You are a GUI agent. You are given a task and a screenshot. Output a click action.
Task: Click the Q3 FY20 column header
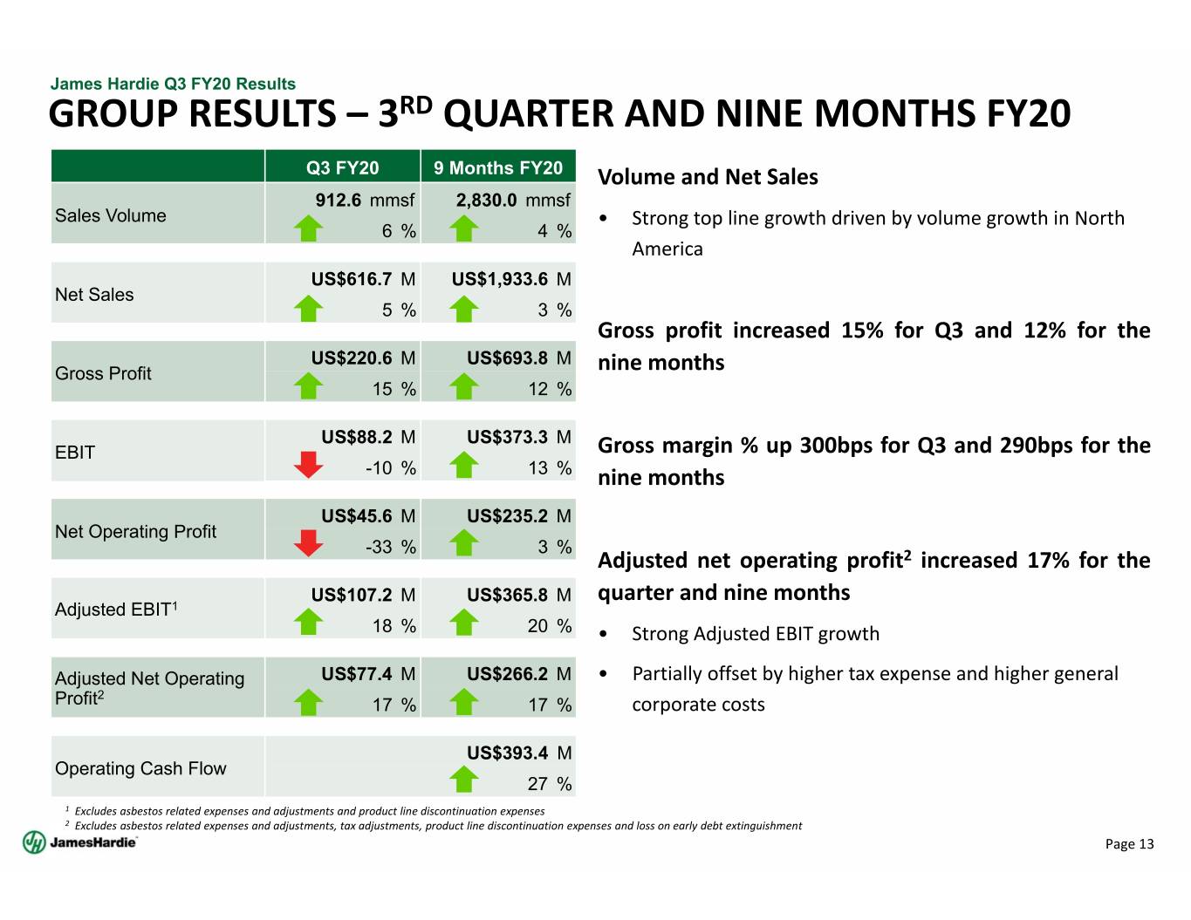tap(342, 167)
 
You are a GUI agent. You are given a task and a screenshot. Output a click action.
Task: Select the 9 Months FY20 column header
tap(497, 167)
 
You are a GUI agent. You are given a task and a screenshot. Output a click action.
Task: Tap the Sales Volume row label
tap(110, 215)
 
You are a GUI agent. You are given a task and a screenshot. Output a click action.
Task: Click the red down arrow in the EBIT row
tap(308, 465)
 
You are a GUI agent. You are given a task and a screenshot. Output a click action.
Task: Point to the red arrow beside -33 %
tap(308, 543)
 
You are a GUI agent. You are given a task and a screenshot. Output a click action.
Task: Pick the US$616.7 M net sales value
tap(363, 279)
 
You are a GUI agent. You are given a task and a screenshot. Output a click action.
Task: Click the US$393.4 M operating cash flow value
tap(519, 753)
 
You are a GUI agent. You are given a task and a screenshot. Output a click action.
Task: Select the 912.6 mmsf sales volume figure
tap(365, 201)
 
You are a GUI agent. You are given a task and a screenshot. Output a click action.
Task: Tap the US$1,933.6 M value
tap(511, 279)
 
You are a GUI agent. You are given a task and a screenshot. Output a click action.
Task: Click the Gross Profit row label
tap(103, 373)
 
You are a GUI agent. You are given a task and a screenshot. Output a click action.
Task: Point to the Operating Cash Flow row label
tap(140, 768)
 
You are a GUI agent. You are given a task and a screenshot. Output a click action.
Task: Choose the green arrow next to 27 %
tap(463, 779)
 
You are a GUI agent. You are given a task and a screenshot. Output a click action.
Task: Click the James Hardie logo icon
tap(34, 842)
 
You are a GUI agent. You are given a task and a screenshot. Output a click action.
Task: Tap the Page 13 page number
tap(1129, 844)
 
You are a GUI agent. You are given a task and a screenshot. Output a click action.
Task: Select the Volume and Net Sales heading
tap(708, 177)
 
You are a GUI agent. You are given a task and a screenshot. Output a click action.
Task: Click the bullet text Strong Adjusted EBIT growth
tap(756, 634)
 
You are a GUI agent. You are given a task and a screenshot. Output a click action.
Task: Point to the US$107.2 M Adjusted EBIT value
tap(363, 595)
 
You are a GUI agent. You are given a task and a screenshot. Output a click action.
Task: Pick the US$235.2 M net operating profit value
tap(519, 516)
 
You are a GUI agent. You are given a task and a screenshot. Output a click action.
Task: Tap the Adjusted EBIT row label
tap(116, 609)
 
